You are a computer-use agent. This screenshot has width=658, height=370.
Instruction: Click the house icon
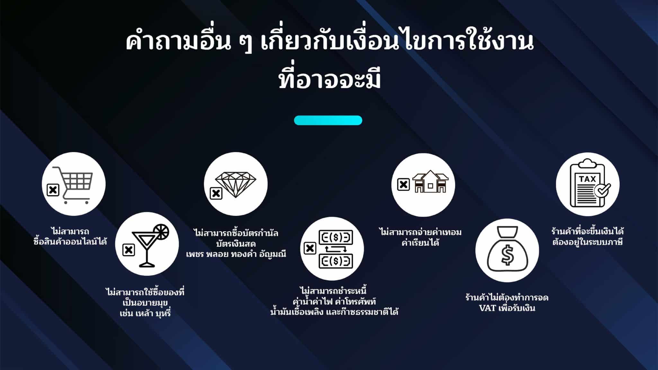pyautogui.click(x=430, y=182)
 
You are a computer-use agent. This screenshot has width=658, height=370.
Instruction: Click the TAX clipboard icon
pyautogui.click(x=587, y=184)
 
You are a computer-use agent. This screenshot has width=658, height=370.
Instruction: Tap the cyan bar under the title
pyautogui.click(x=328, y=120)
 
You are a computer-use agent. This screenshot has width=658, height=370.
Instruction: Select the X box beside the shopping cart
pyautogui.click(x=53, y=190)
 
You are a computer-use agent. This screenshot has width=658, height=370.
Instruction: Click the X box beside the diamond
pyautogui.click(x=216, y=193)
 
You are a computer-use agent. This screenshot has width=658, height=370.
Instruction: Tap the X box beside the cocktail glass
pyautogui.click(x=129, y=250)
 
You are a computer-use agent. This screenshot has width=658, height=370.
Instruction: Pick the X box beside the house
pyautogui.click(x=403, y=185)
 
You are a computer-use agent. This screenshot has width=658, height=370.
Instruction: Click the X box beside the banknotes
pyautogui.click(x=310, y=248)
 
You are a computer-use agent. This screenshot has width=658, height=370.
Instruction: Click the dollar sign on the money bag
pyautogui.click(x=507, y=255)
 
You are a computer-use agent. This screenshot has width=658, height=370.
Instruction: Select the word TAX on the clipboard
pyautogui.click(x=587, y=179)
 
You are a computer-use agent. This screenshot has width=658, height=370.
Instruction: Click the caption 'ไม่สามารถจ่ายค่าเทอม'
pyautogui.click(x=420, y=232)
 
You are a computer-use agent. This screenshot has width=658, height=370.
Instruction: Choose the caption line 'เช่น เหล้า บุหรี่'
pyautogui.click(x=145, y=313)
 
